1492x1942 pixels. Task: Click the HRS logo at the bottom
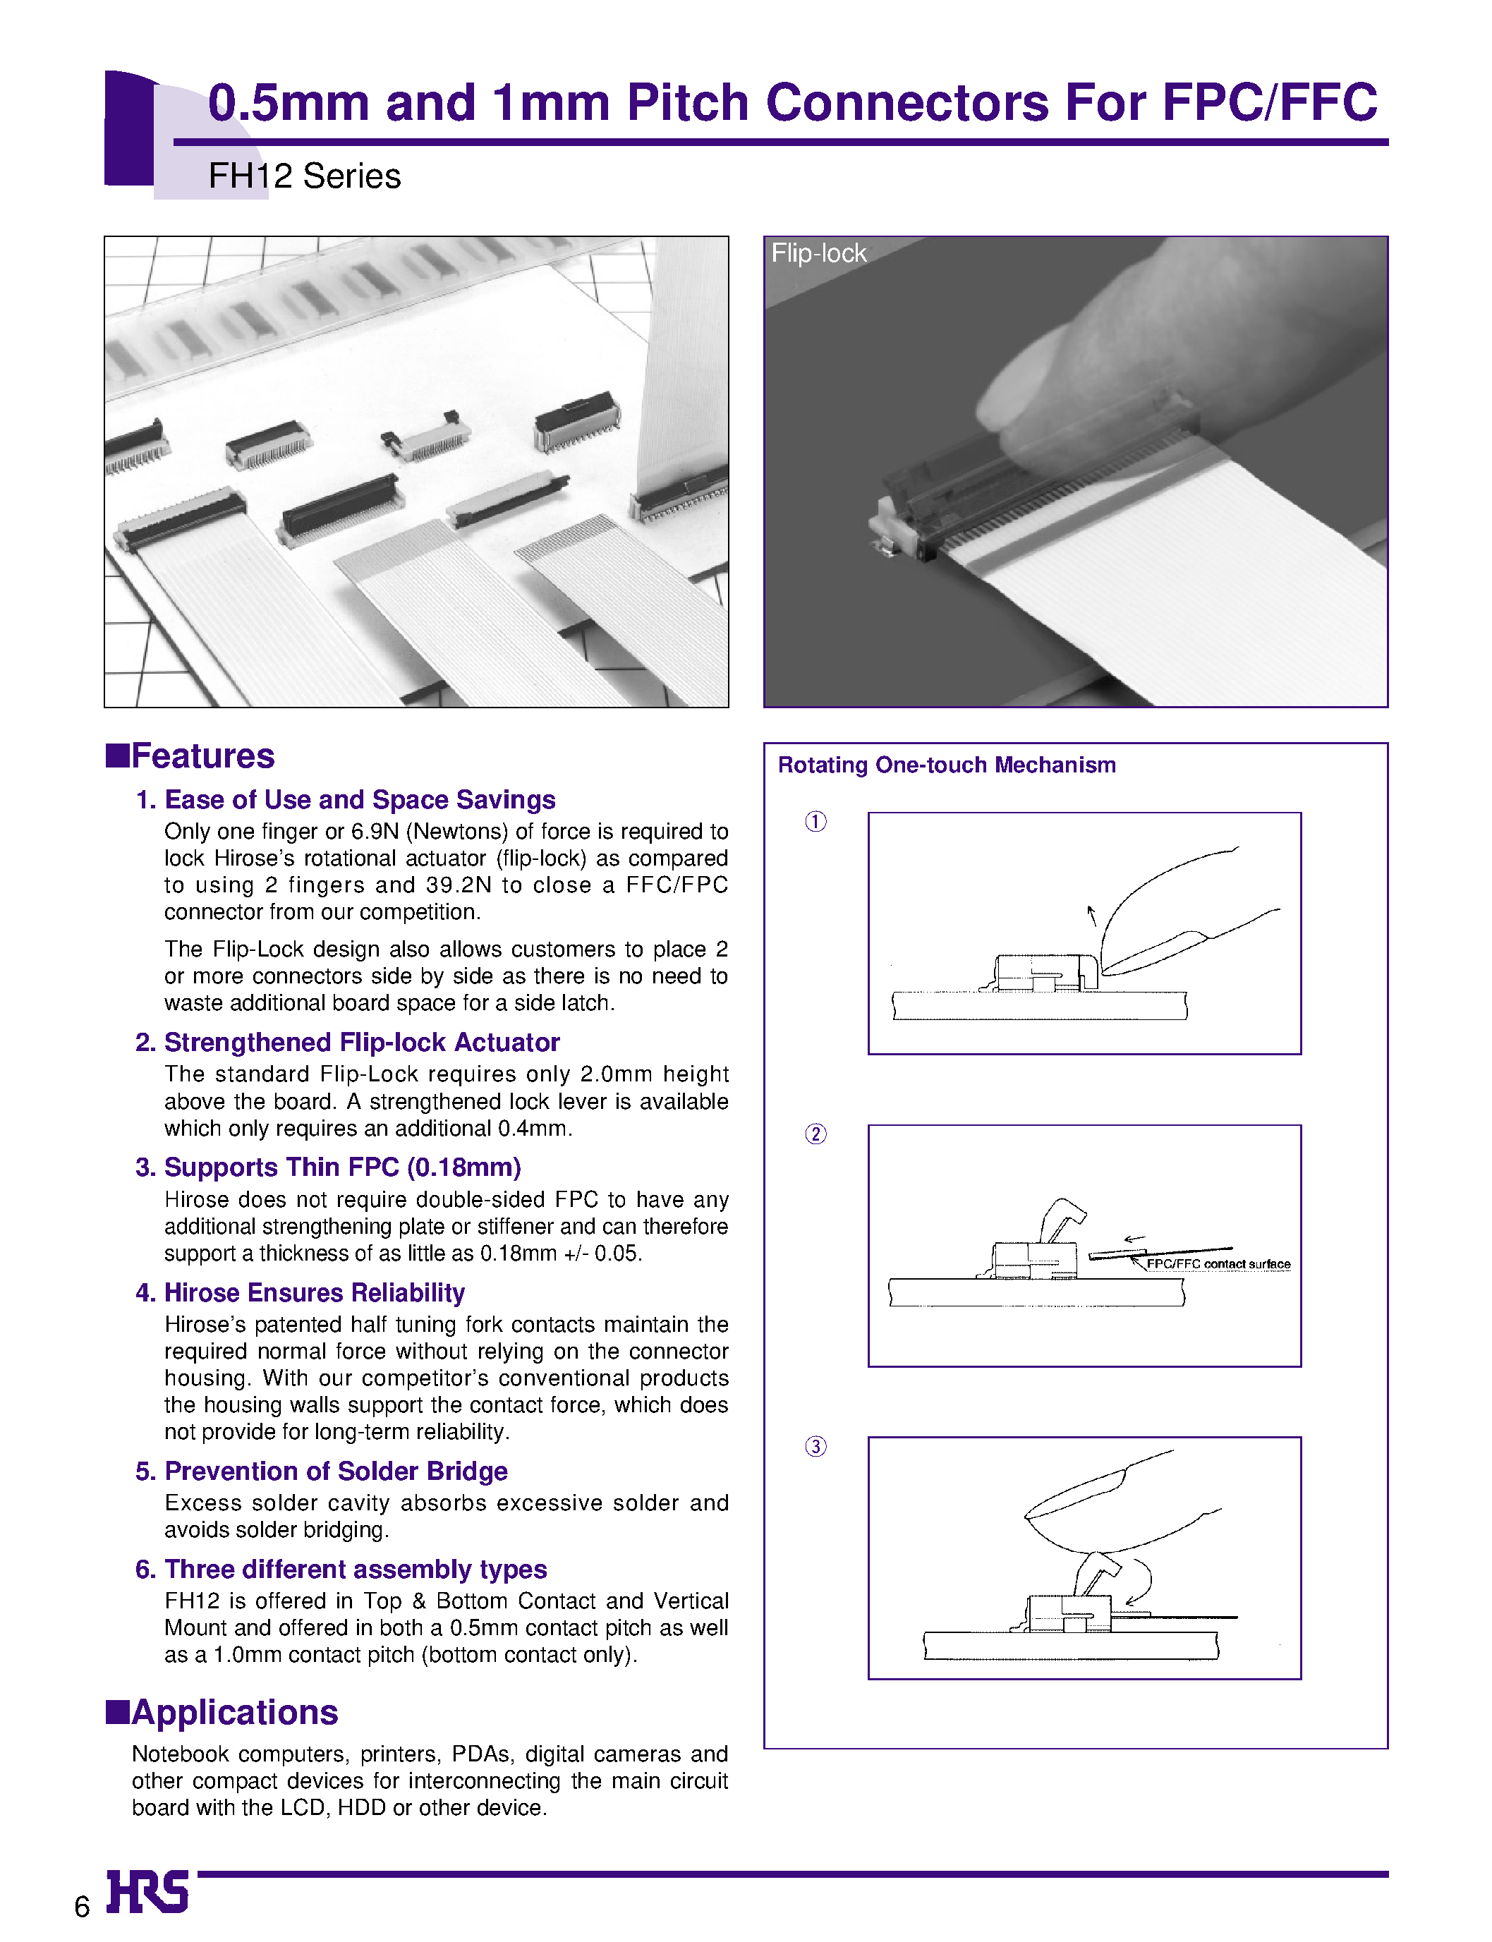(x=147, y=1891)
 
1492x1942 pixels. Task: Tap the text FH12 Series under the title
(x=304, y=176)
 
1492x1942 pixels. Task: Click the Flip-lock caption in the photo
(x=817, y=253)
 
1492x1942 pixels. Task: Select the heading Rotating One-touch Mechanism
(x=946, y=765)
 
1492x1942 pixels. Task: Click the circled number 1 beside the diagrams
(x=815, y=821)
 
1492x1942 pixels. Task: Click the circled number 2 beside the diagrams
(x=815, y=1134)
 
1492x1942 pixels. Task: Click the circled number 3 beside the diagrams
(x=815, y=1447)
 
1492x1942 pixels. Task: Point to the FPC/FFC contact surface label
(x=1218, y=1263)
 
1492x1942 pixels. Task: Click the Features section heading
(x=202, y=755)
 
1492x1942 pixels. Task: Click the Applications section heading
(x=233, y=1712)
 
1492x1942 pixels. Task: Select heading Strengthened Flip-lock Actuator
(x=361, y=1042)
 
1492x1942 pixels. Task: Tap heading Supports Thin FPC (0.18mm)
(x=342, y=1167)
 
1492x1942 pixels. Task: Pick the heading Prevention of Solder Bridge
(x=336, y=1471)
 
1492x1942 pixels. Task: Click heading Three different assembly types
(x=356, y=1569)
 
